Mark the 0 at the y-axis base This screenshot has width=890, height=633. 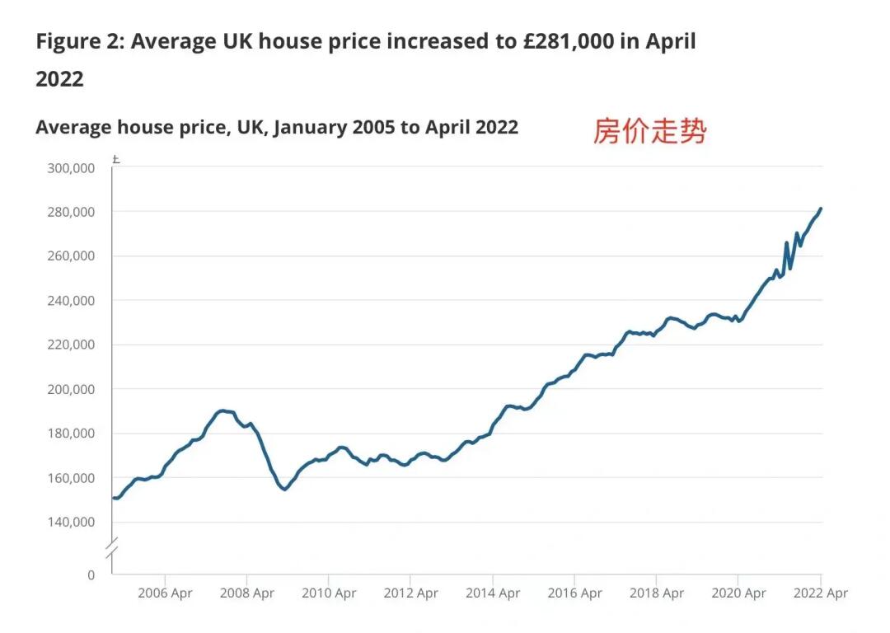tap(91, 574)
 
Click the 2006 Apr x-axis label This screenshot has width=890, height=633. tap(165, 593)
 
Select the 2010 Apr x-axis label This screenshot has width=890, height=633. tap(328, 593)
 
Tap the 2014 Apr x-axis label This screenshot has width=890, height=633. tap(492, 593)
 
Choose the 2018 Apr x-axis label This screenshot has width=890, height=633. tap(656, 593)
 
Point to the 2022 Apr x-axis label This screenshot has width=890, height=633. tap(819, 593)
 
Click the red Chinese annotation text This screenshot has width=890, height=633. tap(649, 130)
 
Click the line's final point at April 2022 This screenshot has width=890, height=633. tap(821, 209)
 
